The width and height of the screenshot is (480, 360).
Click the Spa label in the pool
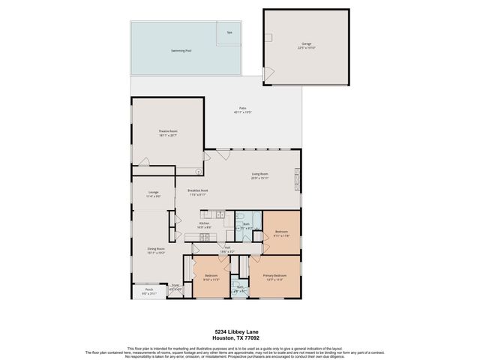(229, 32)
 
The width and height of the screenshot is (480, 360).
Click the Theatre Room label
(167, 132)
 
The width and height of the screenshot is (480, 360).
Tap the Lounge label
(153, 193)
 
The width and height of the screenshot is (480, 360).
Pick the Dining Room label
(155, 250)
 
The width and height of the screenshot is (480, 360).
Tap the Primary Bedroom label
(274, 277)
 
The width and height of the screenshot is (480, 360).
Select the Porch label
(148, 290)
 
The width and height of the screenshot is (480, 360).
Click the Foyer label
(175, 286)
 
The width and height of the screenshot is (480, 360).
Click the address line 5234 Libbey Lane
(239, 331)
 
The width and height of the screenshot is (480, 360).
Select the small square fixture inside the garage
(267, 37)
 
